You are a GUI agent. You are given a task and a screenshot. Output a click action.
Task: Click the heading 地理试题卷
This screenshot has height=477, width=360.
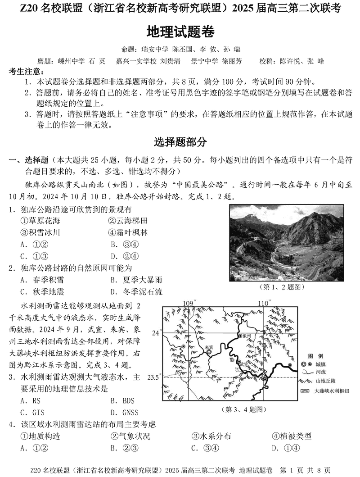pyautogui.click(x=180, y=32)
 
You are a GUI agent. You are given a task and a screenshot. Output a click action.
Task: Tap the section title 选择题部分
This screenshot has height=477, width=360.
pyautogui.click(x=180, y=142)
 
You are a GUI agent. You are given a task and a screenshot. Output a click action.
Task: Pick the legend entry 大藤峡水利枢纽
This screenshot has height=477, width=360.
pyautogui.click(x=332, y=391)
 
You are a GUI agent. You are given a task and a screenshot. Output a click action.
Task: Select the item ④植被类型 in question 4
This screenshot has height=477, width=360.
pyautogui.click(x=291, y=436)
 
